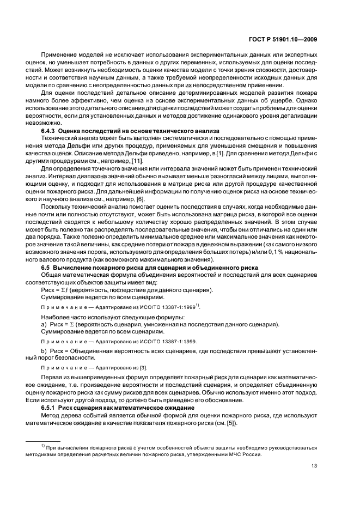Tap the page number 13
pyautogui.click(x=314, y=466)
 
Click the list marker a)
pyautogui.click(x=45, y=325)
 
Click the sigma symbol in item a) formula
pyautogui.click(x=71, y=325)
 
